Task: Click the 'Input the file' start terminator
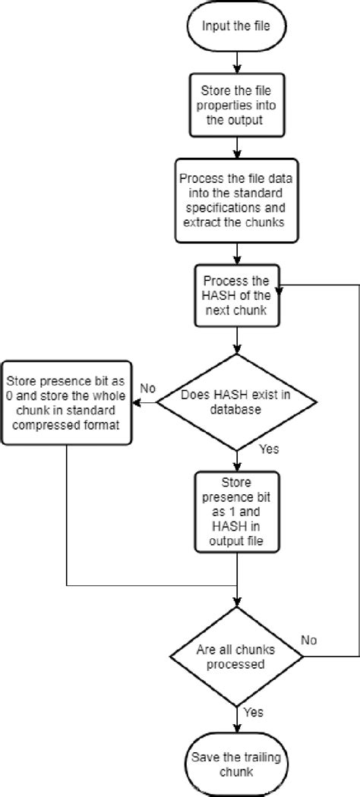pyautogui.click(x=238, y=27)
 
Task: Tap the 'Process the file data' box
pyautogui.click(x=238, y=201)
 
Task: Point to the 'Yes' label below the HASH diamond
pyautogui.click(x=269, y=449)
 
